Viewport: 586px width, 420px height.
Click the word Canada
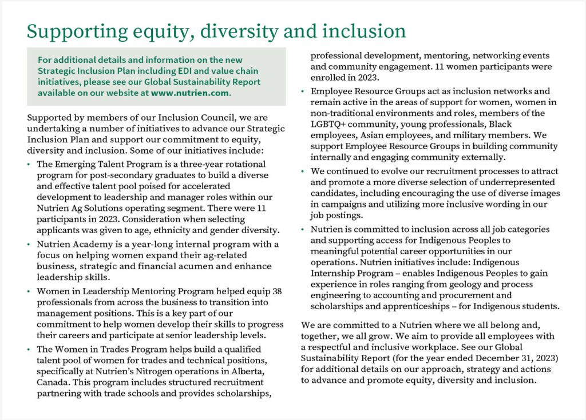tap(52, 370)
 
